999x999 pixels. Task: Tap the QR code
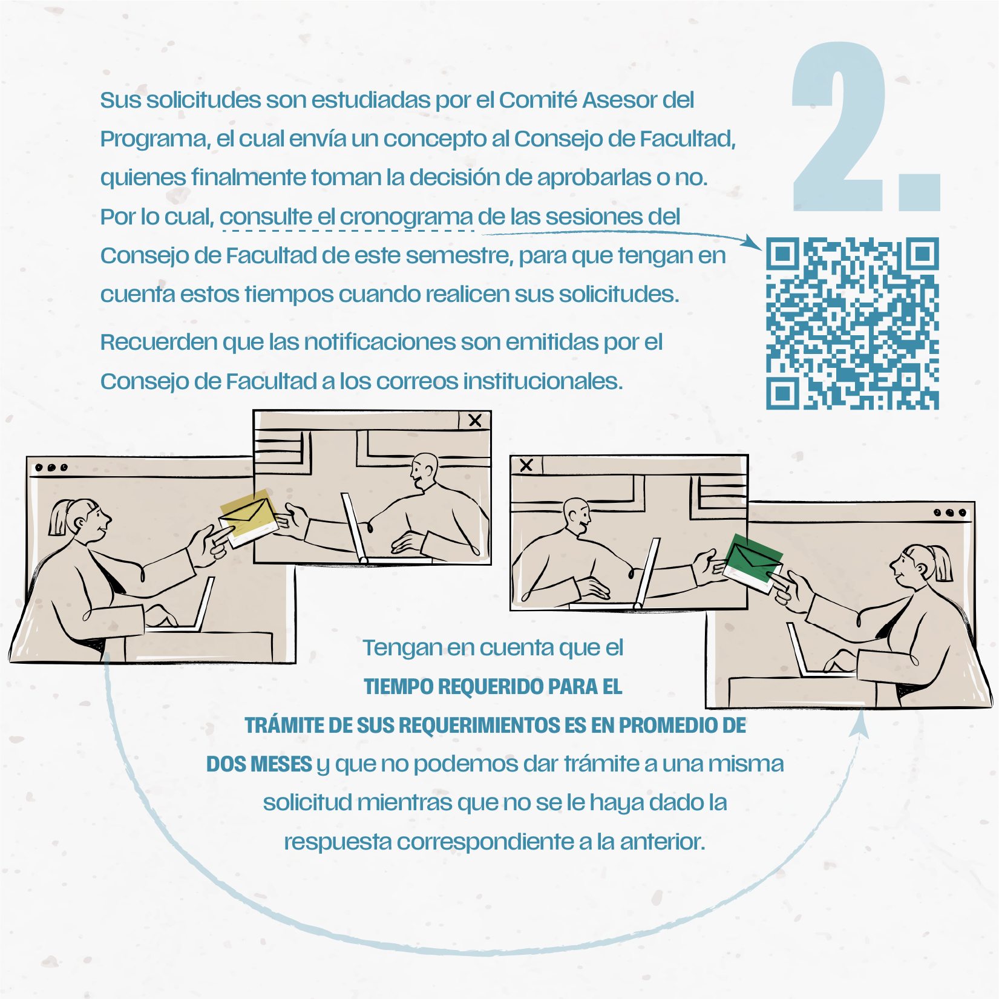(x=853, y=323)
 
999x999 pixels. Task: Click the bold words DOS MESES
(x=259, y=764)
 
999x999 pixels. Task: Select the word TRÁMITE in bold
(x=284, y=725)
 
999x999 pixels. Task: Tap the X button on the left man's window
(x=475, y=421)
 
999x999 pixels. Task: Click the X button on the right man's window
(x=526, y=465)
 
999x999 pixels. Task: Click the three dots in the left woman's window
(x=51, y=468)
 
